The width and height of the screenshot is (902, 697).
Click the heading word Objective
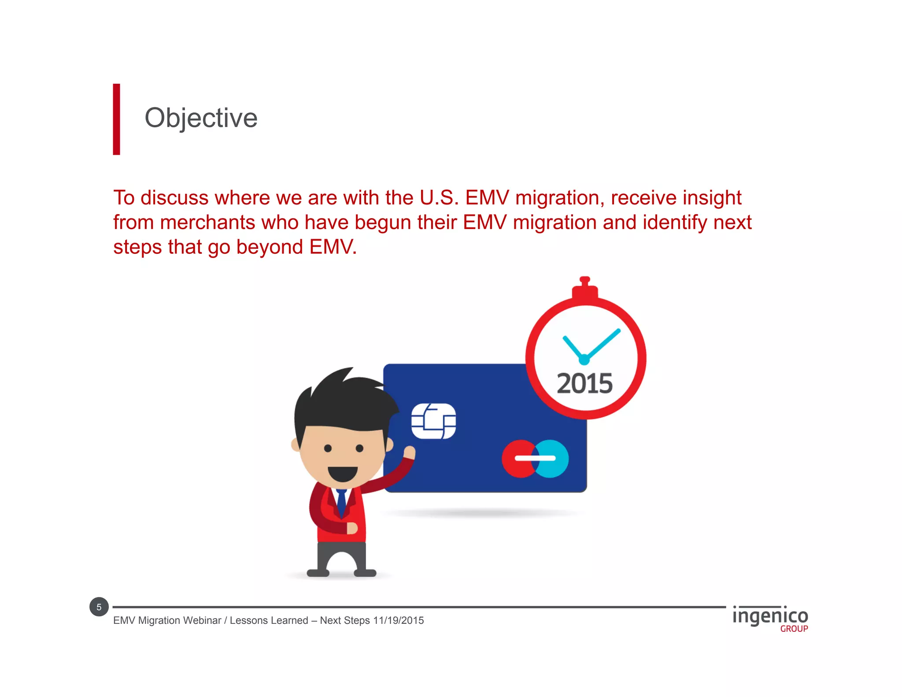201,118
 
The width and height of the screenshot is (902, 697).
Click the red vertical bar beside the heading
116,119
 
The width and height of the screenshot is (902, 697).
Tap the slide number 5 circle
99,607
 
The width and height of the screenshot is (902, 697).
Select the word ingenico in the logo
770,616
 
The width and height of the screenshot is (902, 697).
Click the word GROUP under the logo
794,629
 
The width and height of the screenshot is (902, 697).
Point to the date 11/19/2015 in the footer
398,620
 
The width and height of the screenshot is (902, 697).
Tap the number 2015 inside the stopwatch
584,383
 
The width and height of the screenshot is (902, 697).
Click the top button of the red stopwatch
584,280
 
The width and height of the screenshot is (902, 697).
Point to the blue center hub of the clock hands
584,360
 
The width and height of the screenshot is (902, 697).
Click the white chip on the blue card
433,421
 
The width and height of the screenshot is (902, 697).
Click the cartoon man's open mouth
343,474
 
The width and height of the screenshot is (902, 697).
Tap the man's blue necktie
341,502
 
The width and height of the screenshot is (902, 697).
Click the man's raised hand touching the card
409,452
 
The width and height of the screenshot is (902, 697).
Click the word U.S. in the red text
439,197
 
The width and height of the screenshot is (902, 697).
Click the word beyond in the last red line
270,247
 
